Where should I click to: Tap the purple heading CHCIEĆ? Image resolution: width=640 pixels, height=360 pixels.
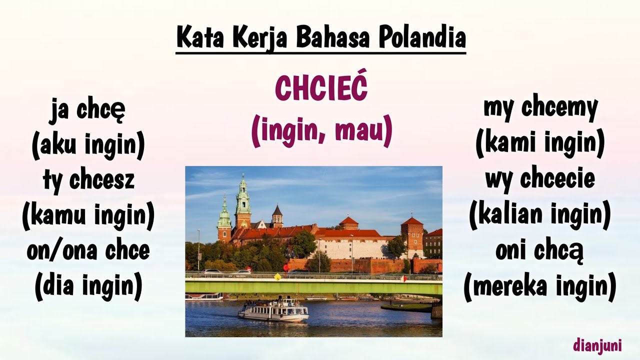click(321, 88)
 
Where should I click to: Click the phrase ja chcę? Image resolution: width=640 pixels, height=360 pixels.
click(87, 110)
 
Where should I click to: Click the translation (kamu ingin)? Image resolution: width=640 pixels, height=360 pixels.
click(88, 215)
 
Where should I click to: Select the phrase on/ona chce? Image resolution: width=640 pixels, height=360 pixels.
click(88, 250)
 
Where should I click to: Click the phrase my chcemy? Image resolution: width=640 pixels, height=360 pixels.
click(540, 107)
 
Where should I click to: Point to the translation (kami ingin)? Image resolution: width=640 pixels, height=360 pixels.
click(540, 143)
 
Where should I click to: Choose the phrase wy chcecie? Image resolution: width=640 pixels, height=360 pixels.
click(540, 178)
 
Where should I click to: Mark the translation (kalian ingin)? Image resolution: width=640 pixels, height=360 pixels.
click(540, 215)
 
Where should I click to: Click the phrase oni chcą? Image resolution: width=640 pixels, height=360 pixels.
click(540, 251)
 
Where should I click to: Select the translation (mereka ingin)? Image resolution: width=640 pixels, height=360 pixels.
click(540, 287)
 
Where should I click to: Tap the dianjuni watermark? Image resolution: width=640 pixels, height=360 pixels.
click(597, 345)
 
